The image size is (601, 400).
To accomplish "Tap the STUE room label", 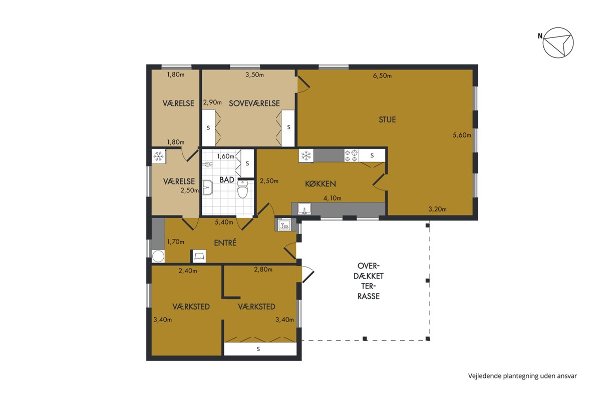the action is coord(387,119).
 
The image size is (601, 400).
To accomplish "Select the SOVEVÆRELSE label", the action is coord(254,103).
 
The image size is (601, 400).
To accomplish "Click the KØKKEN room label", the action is coord(321,183).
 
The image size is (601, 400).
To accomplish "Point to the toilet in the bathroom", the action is coord(242,189).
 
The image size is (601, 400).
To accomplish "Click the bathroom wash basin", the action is coord(208,187).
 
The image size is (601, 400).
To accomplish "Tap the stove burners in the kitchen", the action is coord(352,155).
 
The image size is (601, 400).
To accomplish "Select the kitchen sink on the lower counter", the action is coord(305,208).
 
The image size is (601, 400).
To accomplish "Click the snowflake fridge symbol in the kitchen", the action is coord(306,155).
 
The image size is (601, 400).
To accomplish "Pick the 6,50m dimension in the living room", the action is coord(382,76).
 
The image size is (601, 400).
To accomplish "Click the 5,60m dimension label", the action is coord(462,135).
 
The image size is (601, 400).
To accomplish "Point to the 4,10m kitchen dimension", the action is coord(332,198).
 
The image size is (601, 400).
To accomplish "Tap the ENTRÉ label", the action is coord(225,242).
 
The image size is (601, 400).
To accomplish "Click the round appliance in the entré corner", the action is coord(158,256).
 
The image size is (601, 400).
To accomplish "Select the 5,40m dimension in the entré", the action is coord(224,222).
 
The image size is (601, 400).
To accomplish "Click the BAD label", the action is coord(227,180).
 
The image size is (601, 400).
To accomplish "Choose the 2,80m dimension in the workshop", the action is coord(263,269).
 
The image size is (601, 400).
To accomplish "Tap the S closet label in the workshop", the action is coord(258,349).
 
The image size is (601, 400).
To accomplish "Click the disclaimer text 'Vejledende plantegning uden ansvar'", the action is coord(522,376).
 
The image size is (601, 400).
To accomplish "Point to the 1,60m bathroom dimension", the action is coord(226,156).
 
